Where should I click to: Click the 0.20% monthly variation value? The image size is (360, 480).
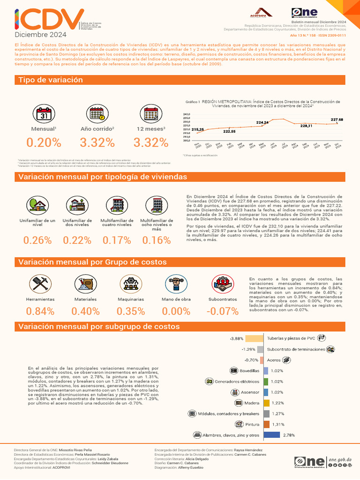click(44, 142)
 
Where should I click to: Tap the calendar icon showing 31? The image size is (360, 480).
click(43, 114)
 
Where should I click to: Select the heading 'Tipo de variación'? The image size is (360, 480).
click(51, 80)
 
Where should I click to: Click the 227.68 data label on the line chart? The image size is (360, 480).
click(337, 120)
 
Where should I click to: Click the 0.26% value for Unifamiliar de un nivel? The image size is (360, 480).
click(37, 240)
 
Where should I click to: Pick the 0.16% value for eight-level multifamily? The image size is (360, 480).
click(156, 240)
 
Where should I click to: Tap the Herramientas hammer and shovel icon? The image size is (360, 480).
click(40, 284)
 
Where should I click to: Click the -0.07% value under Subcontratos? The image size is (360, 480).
click(223, 311)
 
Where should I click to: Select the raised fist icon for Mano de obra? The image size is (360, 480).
click(174, 284)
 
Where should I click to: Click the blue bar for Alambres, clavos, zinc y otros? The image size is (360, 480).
click(272, 435)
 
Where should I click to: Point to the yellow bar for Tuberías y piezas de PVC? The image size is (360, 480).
click(254, 338)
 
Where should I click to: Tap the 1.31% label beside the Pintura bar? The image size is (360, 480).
click(278, 425)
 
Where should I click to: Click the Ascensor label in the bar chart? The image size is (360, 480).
click(250, 392)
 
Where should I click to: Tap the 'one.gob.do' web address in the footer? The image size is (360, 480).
click(340, 459)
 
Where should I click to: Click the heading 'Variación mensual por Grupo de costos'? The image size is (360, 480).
click(92, 262)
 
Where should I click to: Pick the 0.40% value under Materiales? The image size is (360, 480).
click(86, 311)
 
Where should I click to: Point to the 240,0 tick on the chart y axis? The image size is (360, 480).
click(186, 114)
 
